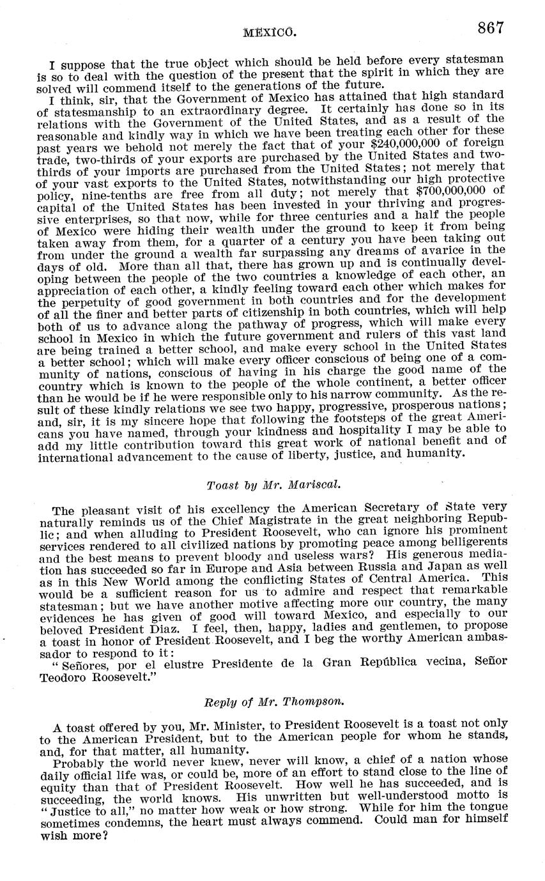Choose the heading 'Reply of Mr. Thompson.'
(x=274, y=701)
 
